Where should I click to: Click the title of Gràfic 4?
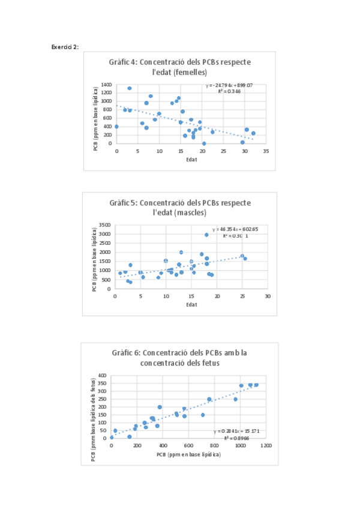pyautogui.click(x=180, y=67)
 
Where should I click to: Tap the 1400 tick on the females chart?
pyautogui.click(x=106, y=85)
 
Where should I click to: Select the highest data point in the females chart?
pyautogui.click(x=130, y=88)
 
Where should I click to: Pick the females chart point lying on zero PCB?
pyautogui.click(x=204, y=143)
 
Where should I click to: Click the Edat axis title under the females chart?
pyautogui.click(x=191, y=159)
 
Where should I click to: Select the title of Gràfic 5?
pyautogui.click(x=180, y=207)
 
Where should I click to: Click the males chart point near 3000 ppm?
pyautogui.click(x=206, y=235)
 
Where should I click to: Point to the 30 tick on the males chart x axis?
pyautogui.click(x=267, y=297)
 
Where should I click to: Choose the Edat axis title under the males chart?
pyautogui.click(x=191, y=304)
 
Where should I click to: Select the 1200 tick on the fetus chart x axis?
pyautogui.click(x=266, y=446)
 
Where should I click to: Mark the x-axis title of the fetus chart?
pyautogui.click(x=188, y=454)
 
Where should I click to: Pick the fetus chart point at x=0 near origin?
pyautogui.click(x=112, y=438)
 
